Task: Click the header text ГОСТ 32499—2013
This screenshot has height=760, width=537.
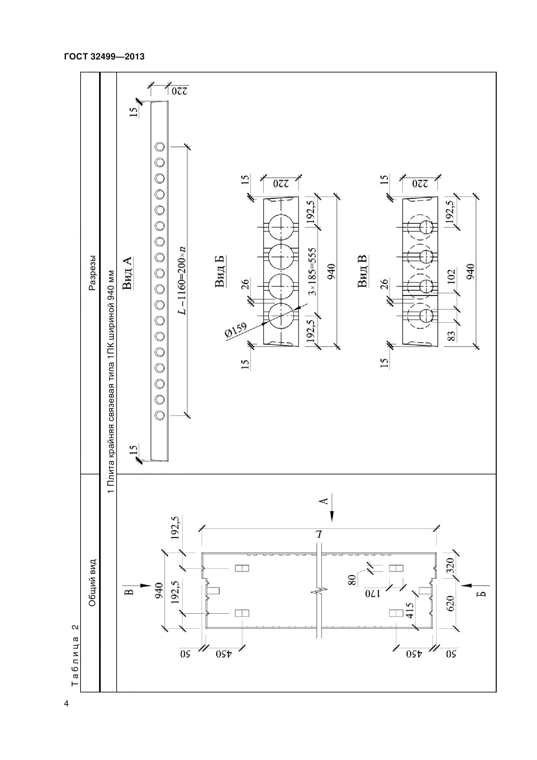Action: pos(104,57)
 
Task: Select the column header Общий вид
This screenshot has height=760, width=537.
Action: pos(93,583)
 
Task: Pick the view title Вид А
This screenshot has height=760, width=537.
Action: pos(127,273)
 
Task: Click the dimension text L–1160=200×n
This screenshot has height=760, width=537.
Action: pos(181,280)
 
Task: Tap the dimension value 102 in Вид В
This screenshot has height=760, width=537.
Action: pos(451,277)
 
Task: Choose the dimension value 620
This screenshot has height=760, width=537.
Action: pos(451,603)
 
